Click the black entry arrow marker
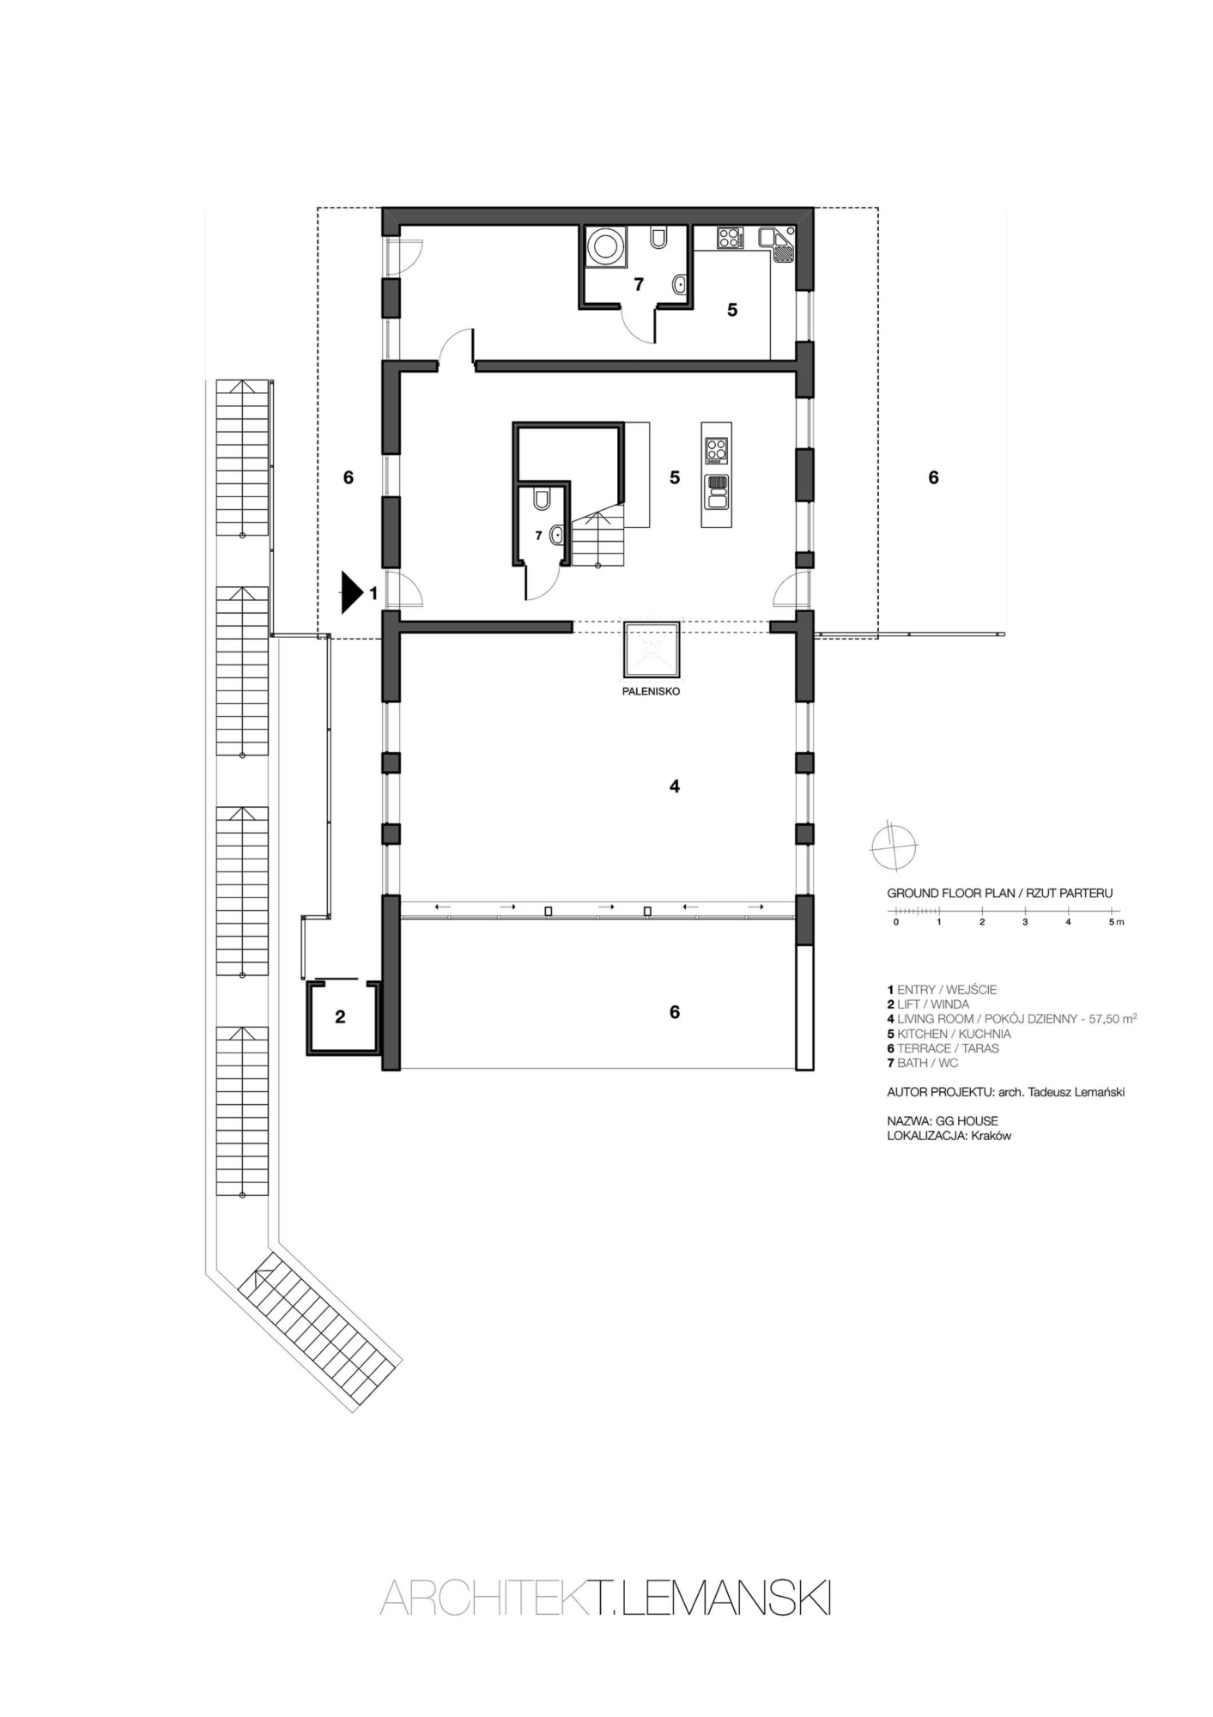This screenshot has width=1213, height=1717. (351, 592)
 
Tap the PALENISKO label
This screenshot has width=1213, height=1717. (652, 691)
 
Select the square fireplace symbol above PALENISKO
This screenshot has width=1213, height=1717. (652, 650)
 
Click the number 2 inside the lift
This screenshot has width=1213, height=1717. (340, 1017)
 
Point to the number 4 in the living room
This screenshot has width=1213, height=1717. (675, 786)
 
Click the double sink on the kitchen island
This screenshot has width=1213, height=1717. (717, 493)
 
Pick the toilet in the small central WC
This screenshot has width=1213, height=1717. (542, 500)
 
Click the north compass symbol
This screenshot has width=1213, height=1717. (894, 846)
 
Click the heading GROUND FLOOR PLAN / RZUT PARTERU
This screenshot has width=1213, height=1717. (999, 893)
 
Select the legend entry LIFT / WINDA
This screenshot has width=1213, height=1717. (928, 1004)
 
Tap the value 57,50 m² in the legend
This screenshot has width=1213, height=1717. (1112, 1018)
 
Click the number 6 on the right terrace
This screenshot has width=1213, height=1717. (934, 477)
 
